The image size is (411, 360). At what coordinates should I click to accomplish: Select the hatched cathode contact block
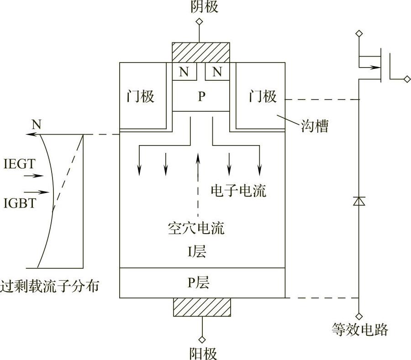tap(200, 53)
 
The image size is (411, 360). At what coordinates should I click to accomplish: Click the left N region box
tap(184, 72)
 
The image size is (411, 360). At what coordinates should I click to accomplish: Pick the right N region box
tap(217, 72)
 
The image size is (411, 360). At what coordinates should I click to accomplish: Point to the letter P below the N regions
tap(201, 96)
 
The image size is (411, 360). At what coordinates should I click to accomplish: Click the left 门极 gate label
tap(140, 97)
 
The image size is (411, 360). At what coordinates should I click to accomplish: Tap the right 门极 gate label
tap(263, 97)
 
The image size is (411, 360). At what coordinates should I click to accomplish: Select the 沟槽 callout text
tap(315, 126)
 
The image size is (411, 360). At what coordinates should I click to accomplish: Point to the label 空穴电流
tap(196, 228)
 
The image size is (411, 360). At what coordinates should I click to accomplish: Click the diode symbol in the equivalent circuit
tap(359, 201)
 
